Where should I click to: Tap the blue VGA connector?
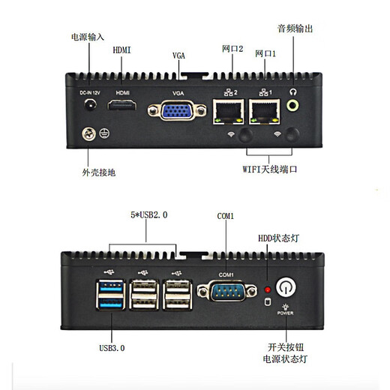point(178,113)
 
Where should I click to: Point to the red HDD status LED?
point(265,289)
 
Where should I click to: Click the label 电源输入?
point(87,35)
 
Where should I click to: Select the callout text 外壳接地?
point(99,172)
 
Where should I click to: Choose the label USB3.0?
point(112,348)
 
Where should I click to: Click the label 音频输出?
point(295,28)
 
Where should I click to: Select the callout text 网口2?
point(232,49)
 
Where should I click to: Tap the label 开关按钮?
point(287,347)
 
